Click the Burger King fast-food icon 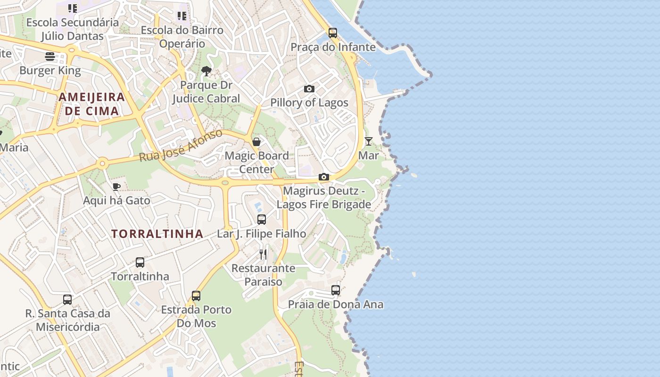[50, 57]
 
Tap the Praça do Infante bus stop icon [333, 33]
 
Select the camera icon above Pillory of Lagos [309, 89]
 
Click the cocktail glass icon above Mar [369, 141]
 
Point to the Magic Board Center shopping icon [256, 142]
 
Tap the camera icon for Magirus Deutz [324, 177]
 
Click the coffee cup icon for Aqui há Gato [116, 187]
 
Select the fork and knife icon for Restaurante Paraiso [263, 254]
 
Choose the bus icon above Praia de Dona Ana [336, 290]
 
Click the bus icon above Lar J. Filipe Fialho [262, 220]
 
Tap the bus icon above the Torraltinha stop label [140, 262]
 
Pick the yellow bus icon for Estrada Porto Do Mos [196, 296]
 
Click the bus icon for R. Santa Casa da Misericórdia [67, 300]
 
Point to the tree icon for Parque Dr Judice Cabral [206, 71]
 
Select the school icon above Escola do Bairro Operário [182, 16]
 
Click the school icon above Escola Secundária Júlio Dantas [73, 8]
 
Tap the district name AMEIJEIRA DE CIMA [92, 104]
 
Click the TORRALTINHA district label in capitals [157, 234]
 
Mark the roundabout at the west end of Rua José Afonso [102, 164]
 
